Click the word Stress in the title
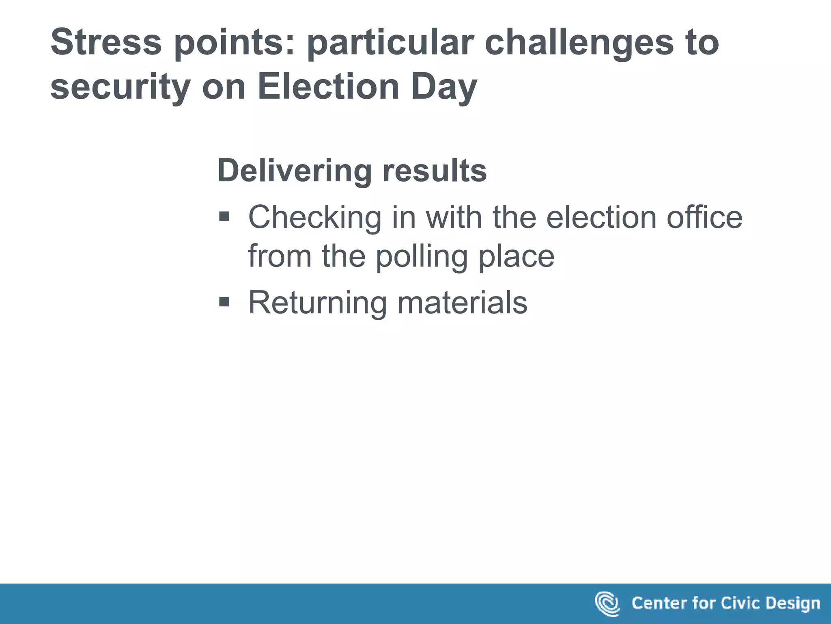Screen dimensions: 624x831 [x=106, y=42]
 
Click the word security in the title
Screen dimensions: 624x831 [x=121, y=87]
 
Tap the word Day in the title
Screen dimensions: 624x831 [x=444, y=87]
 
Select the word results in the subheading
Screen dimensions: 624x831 [x=434, y=171]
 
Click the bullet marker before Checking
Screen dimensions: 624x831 [x=224, y=217]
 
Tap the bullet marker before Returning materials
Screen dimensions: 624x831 [x=224, y=302]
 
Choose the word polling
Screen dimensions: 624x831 [x=422, y=257]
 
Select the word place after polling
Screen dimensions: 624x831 [x=517, y=257]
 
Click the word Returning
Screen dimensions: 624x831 [x=317, y=303]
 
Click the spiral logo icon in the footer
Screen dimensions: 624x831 [x=607, y=604]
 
